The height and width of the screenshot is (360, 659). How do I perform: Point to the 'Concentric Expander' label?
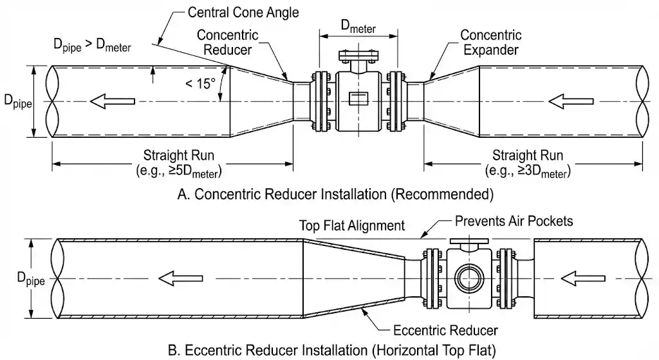pyautogui.click(x=491, y=42)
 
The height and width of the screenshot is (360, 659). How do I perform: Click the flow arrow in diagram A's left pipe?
pyautogui.click(x=113, y=101)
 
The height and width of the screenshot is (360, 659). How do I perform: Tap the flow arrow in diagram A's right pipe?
pyautogui.click(x=570, y=101)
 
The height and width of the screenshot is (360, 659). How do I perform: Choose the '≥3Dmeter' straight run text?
pyautogui.click(x=528, y=172)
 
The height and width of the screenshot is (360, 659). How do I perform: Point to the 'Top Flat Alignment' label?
pyautogui.click(x=352, y=225)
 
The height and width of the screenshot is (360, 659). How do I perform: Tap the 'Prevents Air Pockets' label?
pyautogui.click(x=514, y=221)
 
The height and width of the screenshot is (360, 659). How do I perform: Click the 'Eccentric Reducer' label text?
pyautogui.click(x=445, y=330)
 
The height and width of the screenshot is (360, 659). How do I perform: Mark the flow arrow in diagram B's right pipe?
pyautogui.click(x=582, y=279)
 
